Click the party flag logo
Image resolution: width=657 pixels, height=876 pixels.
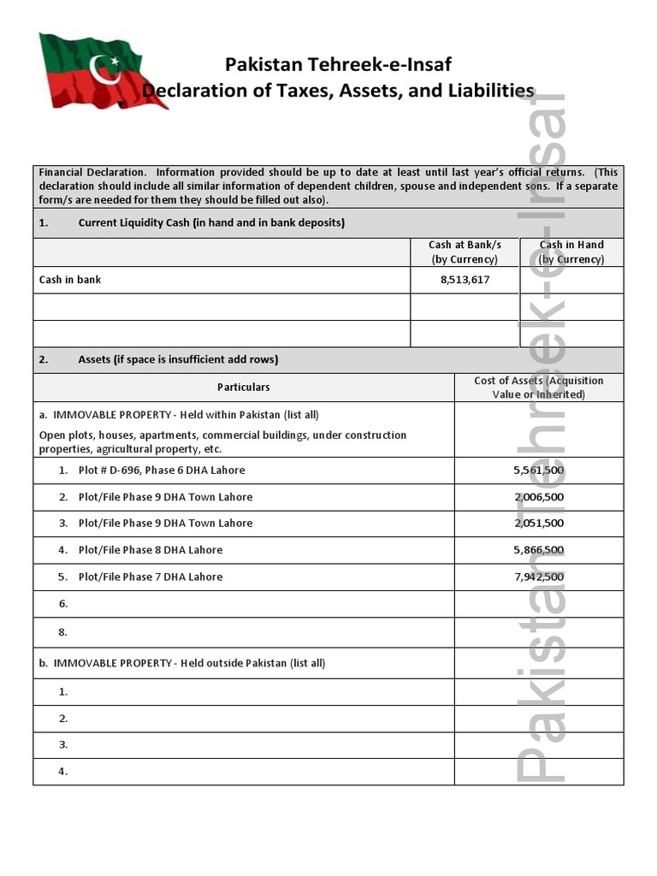(100, 72)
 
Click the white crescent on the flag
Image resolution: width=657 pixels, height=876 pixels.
(107, 67)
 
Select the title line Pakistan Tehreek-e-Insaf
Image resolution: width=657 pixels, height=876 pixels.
(338, 65)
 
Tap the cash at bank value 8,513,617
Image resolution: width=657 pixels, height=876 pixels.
(465, 280)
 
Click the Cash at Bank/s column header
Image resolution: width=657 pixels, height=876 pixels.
(465, 252)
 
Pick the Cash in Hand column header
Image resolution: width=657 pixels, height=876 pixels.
(571, 252)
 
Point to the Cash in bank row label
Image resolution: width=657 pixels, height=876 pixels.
(70, 280)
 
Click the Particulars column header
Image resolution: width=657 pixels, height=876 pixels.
(243, 388)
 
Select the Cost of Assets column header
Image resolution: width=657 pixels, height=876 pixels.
(538, 388)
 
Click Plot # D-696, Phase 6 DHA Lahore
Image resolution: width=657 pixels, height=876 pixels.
(161, 471)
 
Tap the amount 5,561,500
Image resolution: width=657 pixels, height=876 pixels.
(538, 471)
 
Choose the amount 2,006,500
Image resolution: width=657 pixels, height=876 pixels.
(538, 497)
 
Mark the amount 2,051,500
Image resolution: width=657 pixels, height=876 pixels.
(538, 524)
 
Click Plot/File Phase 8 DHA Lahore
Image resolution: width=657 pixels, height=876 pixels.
(150, 550)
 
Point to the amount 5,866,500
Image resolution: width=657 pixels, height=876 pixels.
(538, 550)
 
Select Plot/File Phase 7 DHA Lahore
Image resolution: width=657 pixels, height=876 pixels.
(150, 577)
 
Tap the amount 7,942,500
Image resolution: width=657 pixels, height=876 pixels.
(538, 577)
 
